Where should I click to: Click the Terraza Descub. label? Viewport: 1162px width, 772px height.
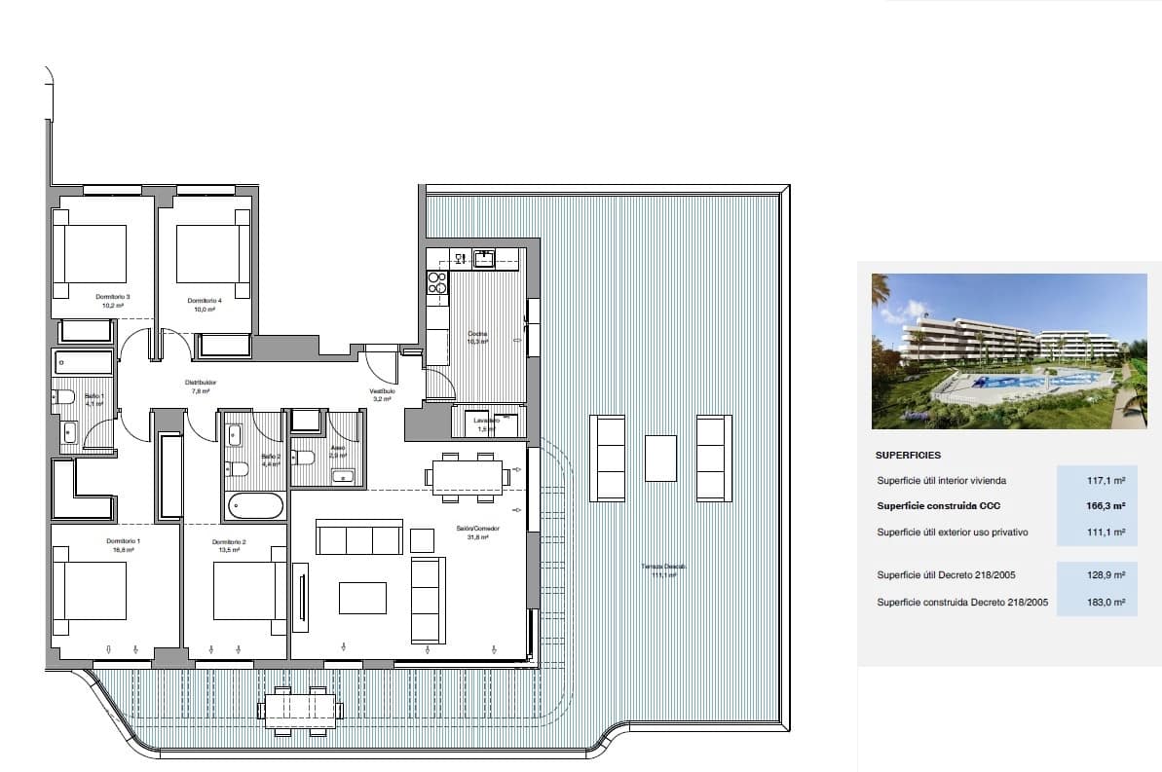[663, 570]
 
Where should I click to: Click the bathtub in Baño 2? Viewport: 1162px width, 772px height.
[256, 506]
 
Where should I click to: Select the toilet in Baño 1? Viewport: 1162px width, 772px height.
[64, 396]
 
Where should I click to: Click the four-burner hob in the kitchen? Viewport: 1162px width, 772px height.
[437, 282]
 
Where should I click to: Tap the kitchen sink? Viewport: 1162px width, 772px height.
[484, 258]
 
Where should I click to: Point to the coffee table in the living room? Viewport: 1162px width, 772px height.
[362, 598]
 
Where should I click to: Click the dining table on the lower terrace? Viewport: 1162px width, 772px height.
[301, 706]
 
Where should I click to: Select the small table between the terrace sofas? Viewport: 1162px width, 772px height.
[660, 458]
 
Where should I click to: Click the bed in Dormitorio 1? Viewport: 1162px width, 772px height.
[92, 590]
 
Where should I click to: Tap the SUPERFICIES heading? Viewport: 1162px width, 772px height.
[908, 455]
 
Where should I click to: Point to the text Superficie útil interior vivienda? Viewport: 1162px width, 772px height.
[941, 481]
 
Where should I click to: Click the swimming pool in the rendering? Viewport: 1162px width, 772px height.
[1032, 382]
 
